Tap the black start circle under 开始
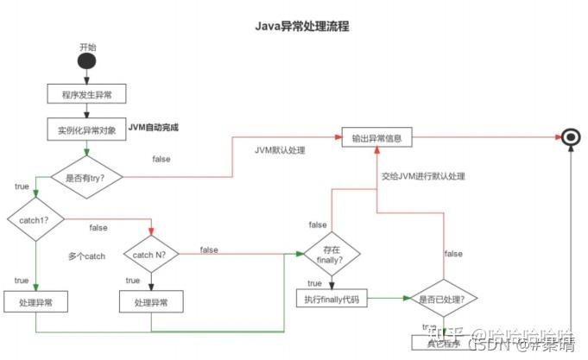click(x=87, y=63)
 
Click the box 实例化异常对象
click(x=86, y=129)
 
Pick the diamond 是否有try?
click(x=87, y=178)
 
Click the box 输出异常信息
click(x=376, y=137)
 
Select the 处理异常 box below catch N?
click(x=151, y=303)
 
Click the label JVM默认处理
click(x=280, y=149)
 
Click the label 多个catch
click(x=86, y=256)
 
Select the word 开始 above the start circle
click(x=87, y=46)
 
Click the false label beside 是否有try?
click(x=161, y=160)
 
